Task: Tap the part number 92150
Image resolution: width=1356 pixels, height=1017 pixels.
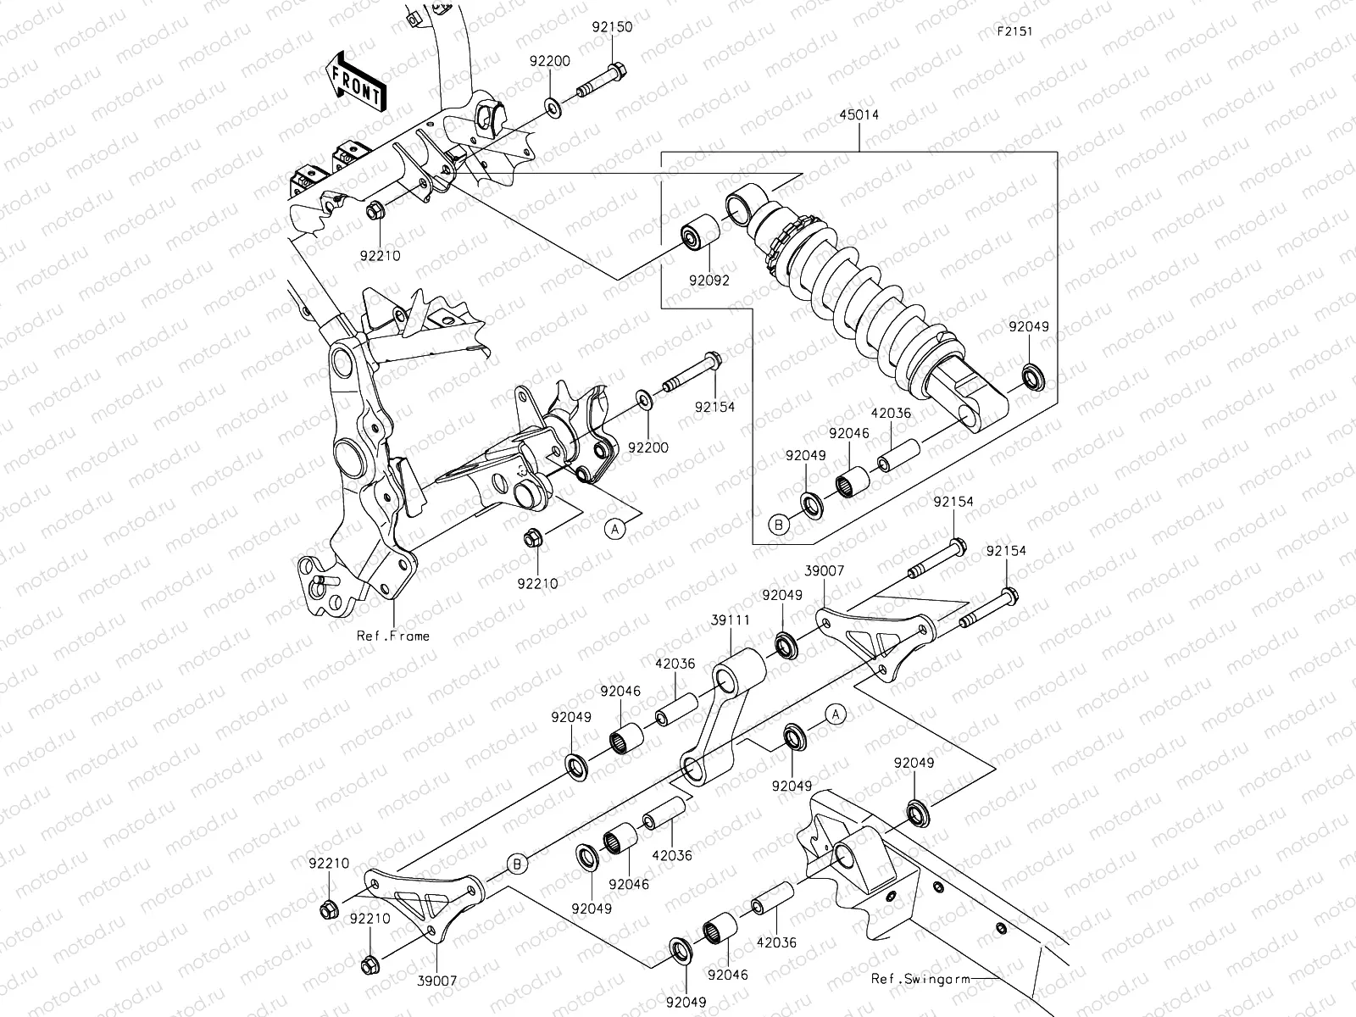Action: (612, 27)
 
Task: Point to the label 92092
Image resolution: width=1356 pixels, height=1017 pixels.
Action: (709, 280)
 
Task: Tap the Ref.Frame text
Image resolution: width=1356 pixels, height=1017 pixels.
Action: (393, 636)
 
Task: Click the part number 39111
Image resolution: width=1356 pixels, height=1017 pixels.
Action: (730, 620)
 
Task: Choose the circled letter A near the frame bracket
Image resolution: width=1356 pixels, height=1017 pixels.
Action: (616, 528)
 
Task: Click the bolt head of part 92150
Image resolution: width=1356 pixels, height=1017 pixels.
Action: (617, 69)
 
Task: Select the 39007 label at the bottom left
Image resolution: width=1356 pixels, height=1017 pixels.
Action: (437, 981)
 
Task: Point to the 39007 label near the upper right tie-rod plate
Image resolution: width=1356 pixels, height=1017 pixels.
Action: (825, 571)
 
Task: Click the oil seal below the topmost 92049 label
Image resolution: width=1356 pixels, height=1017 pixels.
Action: (1033, 375)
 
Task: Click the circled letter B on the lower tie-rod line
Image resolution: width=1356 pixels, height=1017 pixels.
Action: (519, 863)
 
